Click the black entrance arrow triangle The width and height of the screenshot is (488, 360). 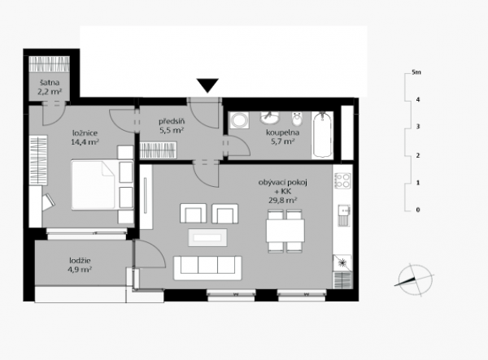[x=207, y=85]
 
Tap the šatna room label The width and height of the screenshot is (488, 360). [x=50, y=83]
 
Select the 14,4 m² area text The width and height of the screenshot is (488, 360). [x=85, y=142]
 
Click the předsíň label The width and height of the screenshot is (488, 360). [x=172, y=121]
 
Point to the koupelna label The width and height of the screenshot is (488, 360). [x=282, y=132]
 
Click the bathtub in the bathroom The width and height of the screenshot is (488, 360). [x=322, y=135]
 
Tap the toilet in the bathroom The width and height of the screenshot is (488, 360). [x=298, y=119]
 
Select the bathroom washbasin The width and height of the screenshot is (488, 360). [x=270, y=117]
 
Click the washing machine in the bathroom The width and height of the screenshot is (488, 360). [x=239, y=120]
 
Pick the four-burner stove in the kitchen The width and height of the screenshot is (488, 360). [x=342, y=180]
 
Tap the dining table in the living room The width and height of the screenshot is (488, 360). [x=285, y=231]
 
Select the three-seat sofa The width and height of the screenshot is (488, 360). [x=207, y=268]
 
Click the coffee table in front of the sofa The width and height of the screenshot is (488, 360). [x=207, y=238]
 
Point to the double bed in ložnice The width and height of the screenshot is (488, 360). [x=102, y=185]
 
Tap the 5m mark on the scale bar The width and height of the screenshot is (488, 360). [x=416, y=72]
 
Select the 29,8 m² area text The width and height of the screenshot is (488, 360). [x=282, y=200]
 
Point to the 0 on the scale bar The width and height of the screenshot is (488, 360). [x=418, y=210]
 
